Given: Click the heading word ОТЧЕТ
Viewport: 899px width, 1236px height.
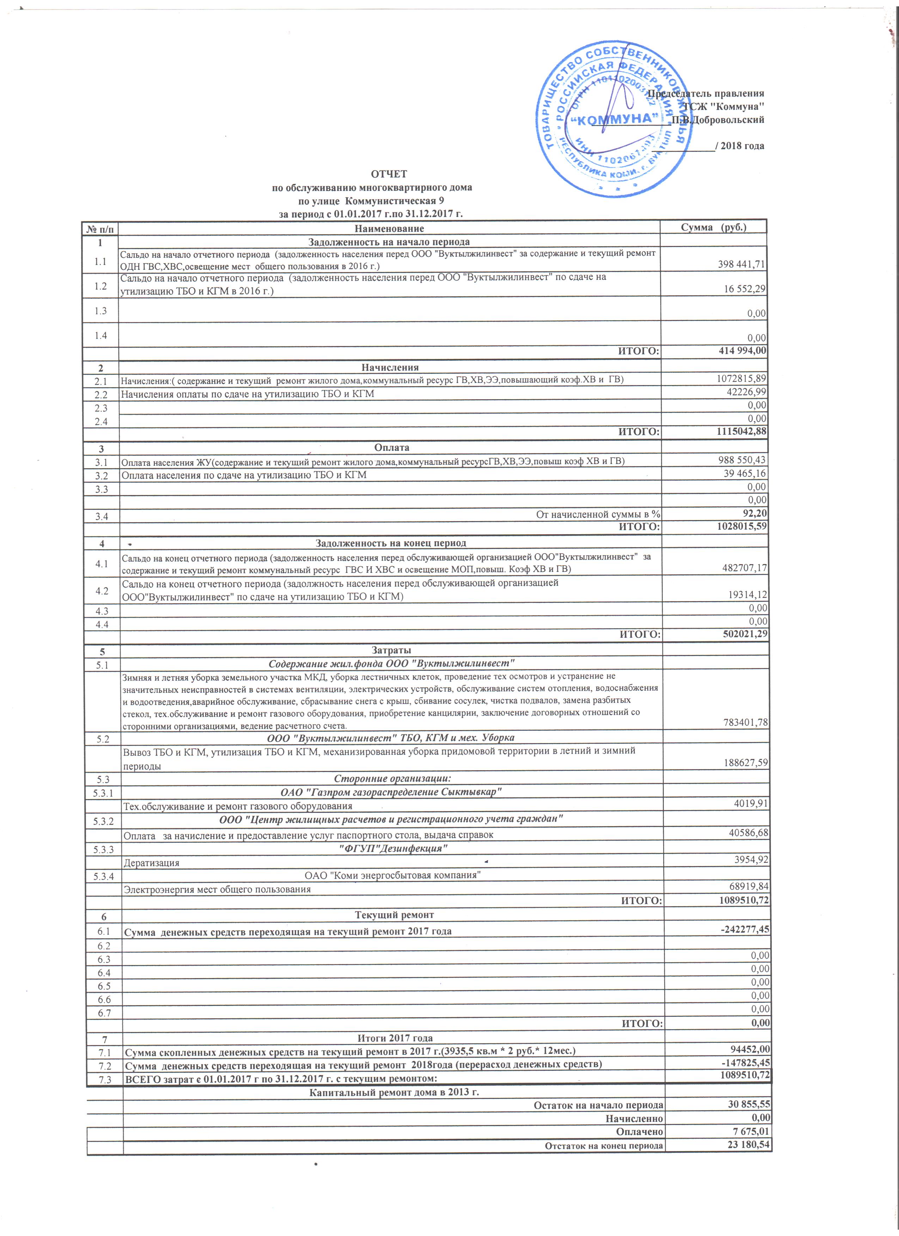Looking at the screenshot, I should tap(389, 174).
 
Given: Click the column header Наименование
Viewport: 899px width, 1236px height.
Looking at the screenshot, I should tap(389, 228).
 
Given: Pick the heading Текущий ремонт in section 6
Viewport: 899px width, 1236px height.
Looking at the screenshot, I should tap(394, 914).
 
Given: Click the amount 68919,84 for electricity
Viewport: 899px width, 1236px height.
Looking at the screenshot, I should tap(748, 887).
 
